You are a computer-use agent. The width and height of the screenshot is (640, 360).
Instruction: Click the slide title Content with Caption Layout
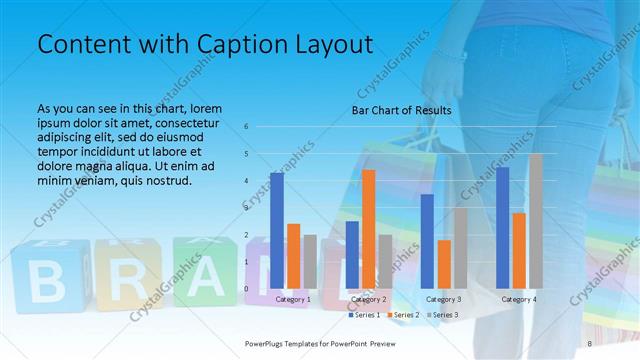205,45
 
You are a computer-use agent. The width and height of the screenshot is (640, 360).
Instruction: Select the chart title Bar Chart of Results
401,110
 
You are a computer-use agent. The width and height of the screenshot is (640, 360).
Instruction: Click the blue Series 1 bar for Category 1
276,230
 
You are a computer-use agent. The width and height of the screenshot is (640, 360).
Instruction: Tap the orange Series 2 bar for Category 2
368,229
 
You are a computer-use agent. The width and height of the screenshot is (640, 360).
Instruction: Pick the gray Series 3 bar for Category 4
536,221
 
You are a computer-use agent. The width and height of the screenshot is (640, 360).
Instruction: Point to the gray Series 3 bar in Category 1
309,262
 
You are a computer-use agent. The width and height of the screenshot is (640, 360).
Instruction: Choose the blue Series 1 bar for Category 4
502,227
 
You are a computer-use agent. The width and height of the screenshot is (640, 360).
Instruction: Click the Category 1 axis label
292,299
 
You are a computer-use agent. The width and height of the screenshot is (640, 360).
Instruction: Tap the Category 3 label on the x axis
443,299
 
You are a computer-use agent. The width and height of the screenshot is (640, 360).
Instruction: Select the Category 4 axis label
518,299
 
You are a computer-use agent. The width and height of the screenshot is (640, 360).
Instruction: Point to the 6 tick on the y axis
246,127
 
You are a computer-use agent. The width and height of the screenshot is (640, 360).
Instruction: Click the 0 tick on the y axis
246,289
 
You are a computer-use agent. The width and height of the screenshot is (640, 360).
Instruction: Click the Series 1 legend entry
365,315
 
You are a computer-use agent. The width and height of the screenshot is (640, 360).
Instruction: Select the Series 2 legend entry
404,315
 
